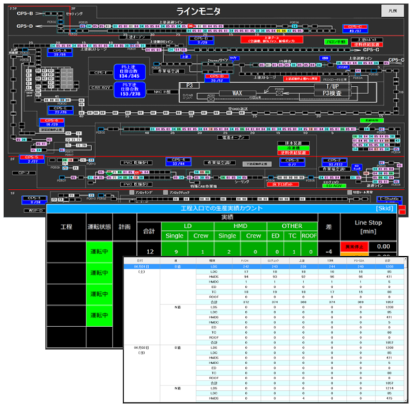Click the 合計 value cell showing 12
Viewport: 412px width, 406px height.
150,252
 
